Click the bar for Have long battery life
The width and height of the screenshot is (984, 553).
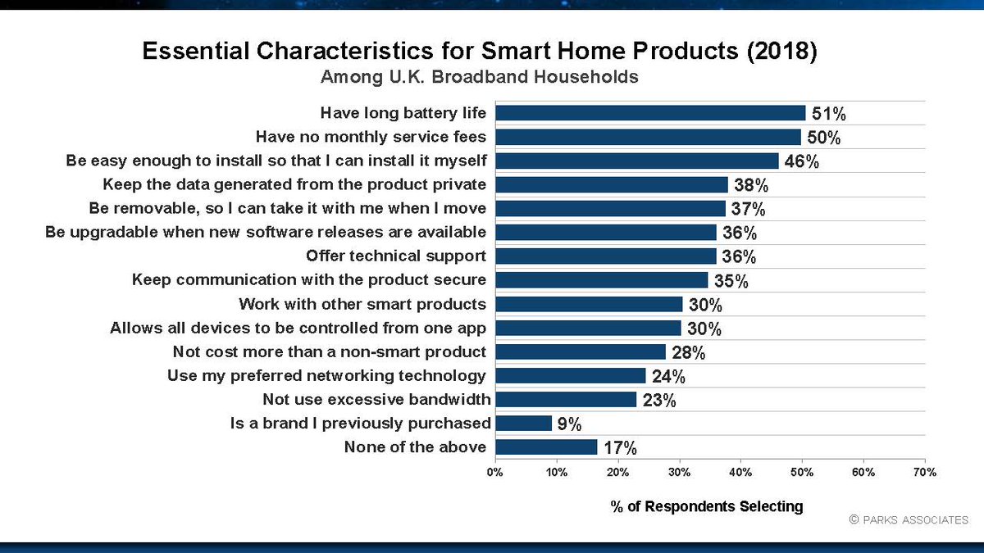click(x=651, y=113)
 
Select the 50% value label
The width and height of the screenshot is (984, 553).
click(x=823, y=137)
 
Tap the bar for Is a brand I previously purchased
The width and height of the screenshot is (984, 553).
click(x=524, y=423)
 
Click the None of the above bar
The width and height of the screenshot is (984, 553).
click(x=547, y=446)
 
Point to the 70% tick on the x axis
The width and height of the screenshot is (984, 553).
click(x=924, y=473)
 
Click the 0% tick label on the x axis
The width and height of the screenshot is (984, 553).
click(x=495, y=473)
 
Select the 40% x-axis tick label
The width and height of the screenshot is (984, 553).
click(x=740, y=473)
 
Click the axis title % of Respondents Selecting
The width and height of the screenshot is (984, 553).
click(x=707, y=506)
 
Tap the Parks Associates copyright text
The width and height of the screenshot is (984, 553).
click(x=909, y=520)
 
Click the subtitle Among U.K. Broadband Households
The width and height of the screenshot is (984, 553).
click(x=479, y=78)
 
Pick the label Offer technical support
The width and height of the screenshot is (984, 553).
click(x=395, y=256)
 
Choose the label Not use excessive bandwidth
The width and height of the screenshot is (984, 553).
click(x=376, y=399)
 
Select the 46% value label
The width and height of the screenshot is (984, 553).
click(x=801, y=161)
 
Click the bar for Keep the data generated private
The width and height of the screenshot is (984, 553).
click(x=612, y=184)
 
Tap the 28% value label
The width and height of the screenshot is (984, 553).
click(x=689, y=352)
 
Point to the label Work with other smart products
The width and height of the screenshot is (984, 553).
click(x=362, y=304)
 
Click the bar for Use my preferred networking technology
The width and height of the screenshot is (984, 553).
click(x=571, y=375)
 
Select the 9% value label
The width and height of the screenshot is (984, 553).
click(x=570, y=424)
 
